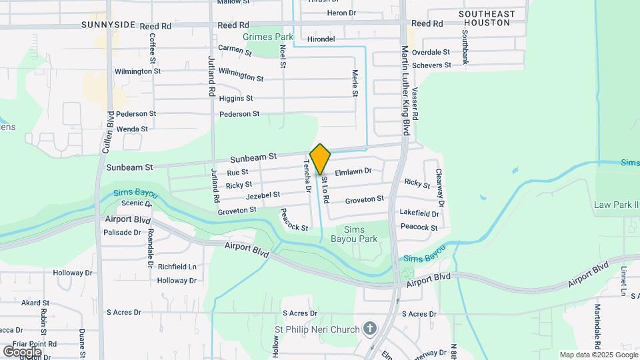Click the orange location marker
(320, 159)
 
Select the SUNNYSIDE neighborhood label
(109, 25)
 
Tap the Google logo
(22, 351)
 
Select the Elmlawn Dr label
(353, 171)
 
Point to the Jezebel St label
(263, 195)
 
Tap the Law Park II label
(615, 205)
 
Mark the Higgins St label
(236, 98)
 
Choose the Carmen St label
(235, 50)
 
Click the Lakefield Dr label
(419, 214)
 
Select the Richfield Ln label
(177, 267)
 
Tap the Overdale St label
(431, 52)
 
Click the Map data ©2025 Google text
(598, 355)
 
